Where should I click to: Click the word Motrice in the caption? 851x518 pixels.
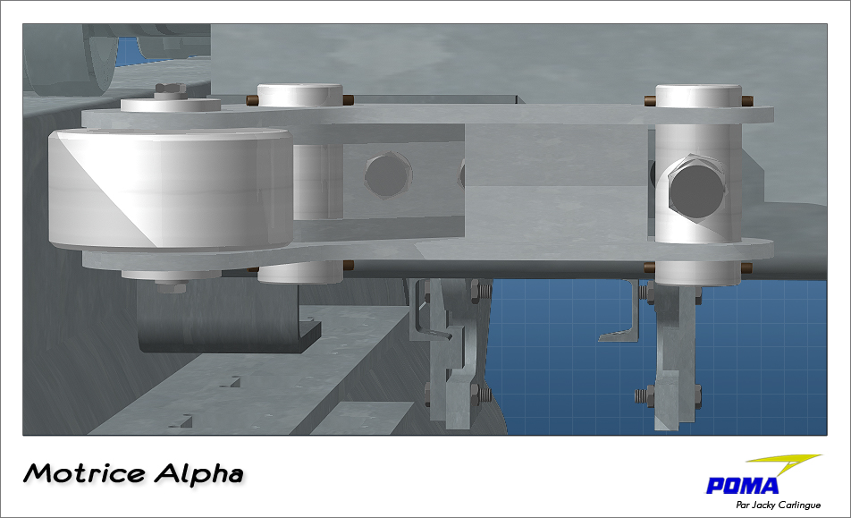(x=84, y=473)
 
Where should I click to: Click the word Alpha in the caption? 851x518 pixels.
(x=198, y=473)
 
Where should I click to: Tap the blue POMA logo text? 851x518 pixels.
(x=742, y=485)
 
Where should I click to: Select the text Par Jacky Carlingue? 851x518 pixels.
(x=779, y=505)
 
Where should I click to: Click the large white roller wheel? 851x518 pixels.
(x=171, y=189)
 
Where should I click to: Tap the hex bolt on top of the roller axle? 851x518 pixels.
(x=170, y=90)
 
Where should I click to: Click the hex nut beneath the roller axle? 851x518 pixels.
(x=172, y=285)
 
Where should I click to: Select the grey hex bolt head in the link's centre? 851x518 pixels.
(x=386, y=174)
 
